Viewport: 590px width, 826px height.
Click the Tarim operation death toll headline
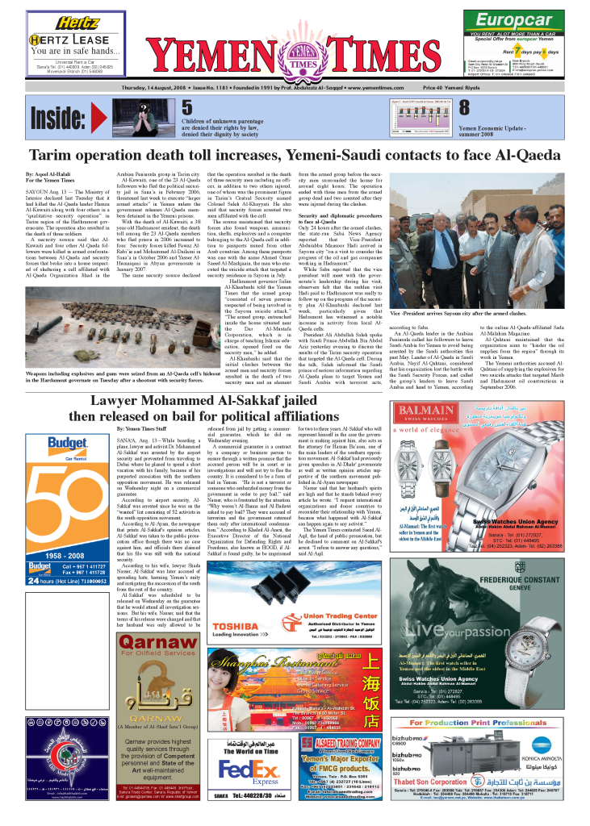[295, 156]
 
